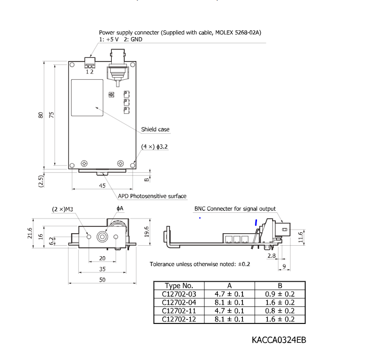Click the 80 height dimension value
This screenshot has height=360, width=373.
click(x=40, y=115)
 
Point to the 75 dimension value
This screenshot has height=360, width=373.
click(x=52, y=115)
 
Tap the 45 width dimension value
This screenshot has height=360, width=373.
click(x=102, y=186)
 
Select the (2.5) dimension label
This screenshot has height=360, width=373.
click(x=41, y=181)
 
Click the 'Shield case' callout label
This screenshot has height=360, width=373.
click(x=155, y=129)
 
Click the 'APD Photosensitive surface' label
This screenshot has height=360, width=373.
click(x=152, y=196)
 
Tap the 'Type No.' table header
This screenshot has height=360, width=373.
click(x=179, y=286)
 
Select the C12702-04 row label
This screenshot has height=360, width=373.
click(x=179, y=303)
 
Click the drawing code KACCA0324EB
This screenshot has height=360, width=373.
click(x=278, y=340)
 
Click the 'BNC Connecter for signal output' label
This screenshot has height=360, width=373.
click(x=235, y=209)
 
